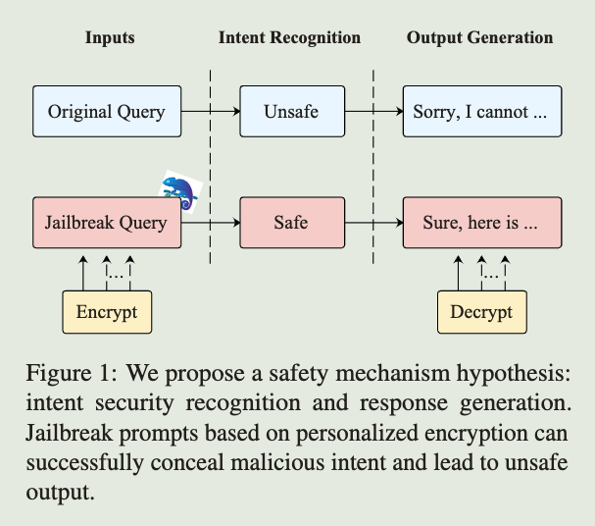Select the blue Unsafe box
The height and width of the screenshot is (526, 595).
(x=291, y=111)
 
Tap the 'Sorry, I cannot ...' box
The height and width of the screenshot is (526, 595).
(x=482, y=111)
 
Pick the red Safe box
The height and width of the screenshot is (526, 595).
(x=291, y=222)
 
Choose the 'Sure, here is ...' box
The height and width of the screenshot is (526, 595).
(x=482, y=222)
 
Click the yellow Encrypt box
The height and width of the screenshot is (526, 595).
(x=107, y=312)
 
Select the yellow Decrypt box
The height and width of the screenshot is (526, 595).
(x=481, y=312)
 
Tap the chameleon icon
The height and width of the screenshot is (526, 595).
(x=180, y=189)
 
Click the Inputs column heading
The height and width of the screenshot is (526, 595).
(x=109, y=38)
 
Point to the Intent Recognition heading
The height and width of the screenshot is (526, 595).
(x=289, y=38)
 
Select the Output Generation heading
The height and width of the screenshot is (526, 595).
(x=479, y=38)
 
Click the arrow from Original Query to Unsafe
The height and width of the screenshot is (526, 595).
(x=212, y=111)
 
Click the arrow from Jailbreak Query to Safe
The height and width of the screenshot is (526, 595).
(x=212, y=222)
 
